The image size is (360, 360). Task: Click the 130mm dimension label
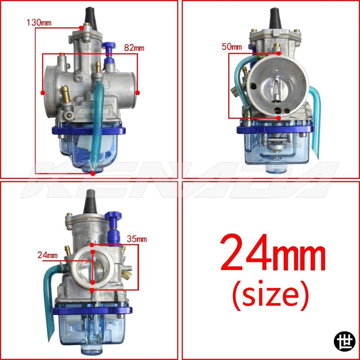(39, 22)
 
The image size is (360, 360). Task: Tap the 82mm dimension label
(134, 48)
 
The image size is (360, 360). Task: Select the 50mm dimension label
(231, 46)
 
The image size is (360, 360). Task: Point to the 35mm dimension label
(137, 239)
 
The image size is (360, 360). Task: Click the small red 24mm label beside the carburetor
(48, 255)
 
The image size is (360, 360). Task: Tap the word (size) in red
(270, 294)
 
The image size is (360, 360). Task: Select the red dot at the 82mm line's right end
(138, 93)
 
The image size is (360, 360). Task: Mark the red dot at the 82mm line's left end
(42, 93)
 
